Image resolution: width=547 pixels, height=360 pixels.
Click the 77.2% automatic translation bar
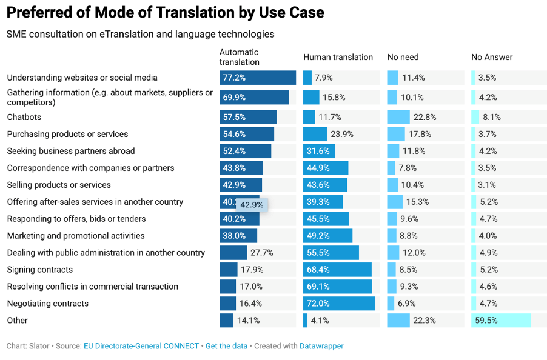[x=257, y=78]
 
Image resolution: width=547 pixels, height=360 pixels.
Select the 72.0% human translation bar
[x=339, y=304]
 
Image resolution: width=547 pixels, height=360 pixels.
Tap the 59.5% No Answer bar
[x=500, y=321]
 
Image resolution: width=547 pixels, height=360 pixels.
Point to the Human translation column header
[x=338, y=57]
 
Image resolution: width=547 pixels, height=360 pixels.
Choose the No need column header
[x=403, y=57]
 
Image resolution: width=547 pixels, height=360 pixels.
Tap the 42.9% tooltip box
[x=252, y=205]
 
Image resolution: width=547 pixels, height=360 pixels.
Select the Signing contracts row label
[x=39, y=270]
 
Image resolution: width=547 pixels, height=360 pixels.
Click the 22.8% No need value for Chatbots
[x=425, y=117]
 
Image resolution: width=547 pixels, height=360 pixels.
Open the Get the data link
[x=226, y=346]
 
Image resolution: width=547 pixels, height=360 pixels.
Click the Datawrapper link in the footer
[x=321, y=346]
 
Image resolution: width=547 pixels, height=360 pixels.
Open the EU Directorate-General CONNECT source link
[x=141, y=346]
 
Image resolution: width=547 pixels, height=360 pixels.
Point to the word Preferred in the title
[x=42, y=12]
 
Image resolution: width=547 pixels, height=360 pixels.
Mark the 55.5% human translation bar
[x=331, y=253]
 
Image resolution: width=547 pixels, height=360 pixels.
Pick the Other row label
[x=17, y=321]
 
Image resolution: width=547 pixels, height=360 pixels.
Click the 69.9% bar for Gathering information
[x=254, y=97]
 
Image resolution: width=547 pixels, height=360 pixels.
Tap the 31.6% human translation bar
[x=318, y=151]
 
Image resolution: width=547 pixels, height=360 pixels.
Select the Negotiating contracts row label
[x=47, y=304]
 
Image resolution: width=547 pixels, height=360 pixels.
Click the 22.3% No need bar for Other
[x=398, y=321]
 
